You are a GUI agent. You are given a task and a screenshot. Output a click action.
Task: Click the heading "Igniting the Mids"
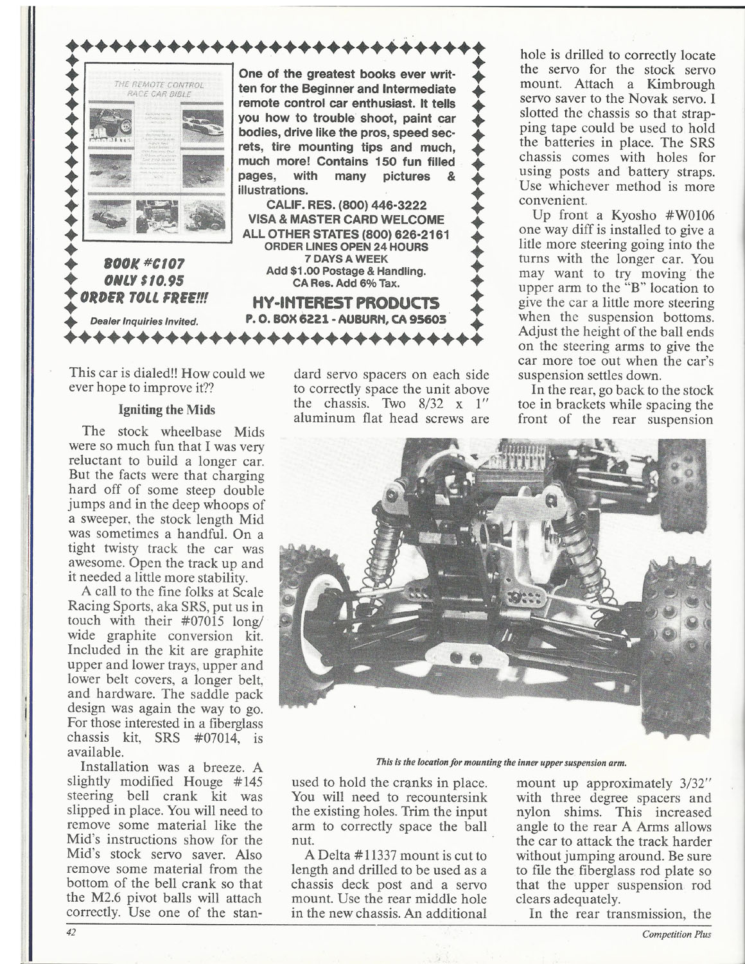tap(166, 409)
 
